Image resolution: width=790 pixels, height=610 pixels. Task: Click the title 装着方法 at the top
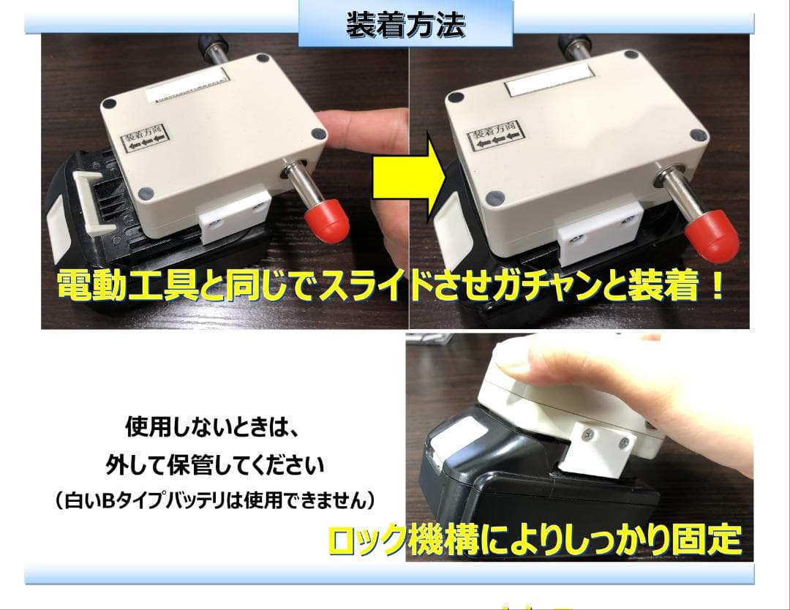[x=406, y=25]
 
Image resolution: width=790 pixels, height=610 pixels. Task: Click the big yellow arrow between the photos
[x=407, y=183]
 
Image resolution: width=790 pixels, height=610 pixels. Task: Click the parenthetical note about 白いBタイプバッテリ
[x=215, y=501]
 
